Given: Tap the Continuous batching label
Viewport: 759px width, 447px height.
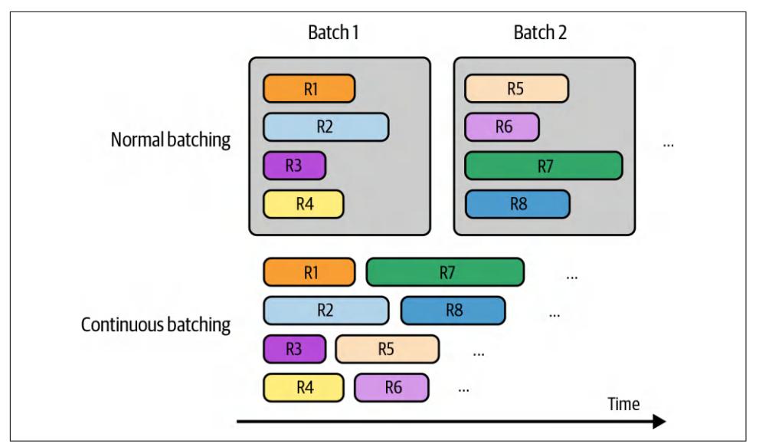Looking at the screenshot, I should coord(156,324).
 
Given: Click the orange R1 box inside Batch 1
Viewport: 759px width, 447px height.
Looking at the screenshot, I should coord(309,88).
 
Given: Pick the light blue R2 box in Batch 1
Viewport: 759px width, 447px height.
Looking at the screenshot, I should coord(326,127).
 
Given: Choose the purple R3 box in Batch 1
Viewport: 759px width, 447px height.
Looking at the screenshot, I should coord(294,166).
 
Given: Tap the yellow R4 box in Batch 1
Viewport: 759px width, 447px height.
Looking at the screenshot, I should coord(303,204).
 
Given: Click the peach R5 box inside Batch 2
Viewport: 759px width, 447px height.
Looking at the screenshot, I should coord(516,88).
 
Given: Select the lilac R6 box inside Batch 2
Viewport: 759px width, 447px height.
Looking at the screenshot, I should coord(502,127).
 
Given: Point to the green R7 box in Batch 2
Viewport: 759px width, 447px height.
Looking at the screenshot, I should coord(544,166).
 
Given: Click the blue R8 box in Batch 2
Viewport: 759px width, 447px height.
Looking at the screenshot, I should coord(517,204).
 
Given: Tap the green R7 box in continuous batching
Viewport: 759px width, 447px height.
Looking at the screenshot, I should coord(446,272).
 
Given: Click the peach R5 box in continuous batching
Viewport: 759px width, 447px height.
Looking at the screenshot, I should coord(388,349).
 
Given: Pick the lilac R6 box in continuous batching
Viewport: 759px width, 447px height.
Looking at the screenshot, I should coord(391,387).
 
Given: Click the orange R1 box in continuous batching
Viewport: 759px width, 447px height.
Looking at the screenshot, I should coord(309,272).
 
